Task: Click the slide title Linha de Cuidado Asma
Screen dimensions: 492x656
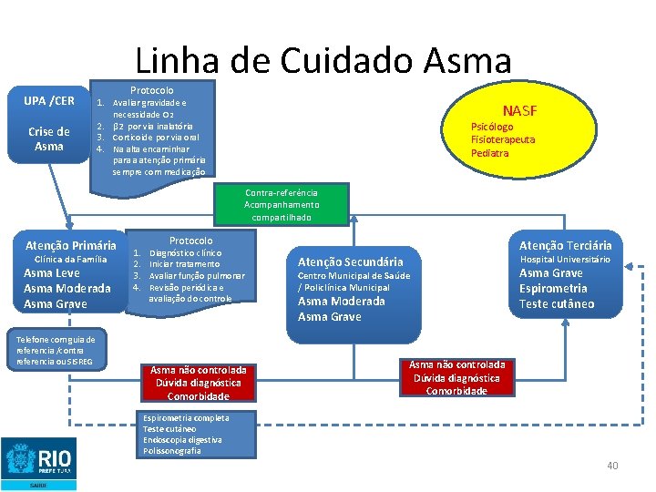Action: (x=323, y=61)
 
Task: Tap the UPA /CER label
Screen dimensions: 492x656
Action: (x=49, y=99)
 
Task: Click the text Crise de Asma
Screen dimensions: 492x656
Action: (x=49, y=138)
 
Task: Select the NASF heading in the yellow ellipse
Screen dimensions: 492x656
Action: (x=518, y=111)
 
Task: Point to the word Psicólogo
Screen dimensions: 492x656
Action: (x=492, y=127)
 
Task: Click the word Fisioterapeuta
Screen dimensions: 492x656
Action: (x=503, y=139)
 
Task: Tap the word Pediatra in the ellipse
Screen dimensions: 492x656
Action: (x=489, y=153)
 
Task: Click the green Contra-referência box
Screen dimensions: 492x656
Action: (x=282, y=205)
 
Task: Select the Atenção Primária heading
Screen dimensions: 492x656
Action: (x=70, y=245)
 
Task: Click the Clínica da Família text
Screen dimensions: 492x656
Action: (x=70, y=260)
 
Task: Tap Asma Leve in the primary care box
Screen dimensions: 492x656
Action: (x=51, y=273)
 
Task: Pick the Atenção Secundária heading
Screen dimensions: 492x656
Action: (x=350, y=261)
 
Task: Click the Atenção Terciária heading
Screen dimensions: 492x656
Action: (x=565, y=245)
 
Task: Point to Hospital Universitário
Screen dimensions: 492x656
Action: (x=565, y=260)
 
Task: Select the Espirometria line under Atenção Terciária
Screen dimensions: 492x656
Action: (x=553, y=289)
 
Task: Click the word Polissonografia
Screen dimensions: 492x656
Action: (x=172, y=451)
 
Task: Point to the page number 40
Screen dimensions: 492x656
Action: (x=612, y=466)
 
